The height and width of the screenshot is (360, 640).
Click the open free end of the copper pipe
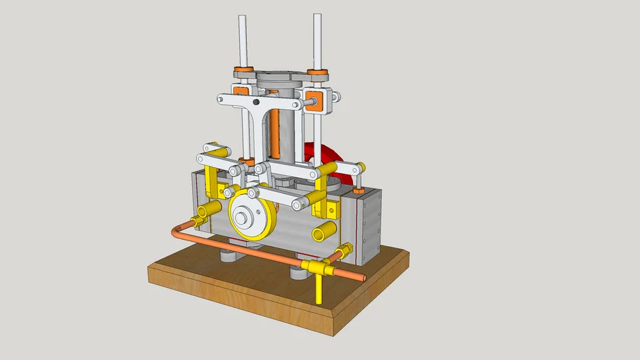pyautogui.click(x=364, y=278)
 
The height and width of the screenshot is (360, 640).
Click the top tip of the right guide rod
pyautogui.click(x=316, y=15)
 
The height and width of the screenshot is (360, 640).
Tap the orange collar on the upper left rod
pyautogui.click(x=244, y=70)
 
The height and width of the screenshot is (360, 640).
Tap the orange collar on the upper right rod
pyautogui.click(x=318, y=72)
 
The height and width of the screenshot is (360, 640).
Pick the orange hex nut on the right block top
pyautogui.click(x=357, y=189)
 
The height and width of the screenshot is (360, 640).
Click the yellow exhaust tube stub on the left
pyautogui.click(x=207, y=210)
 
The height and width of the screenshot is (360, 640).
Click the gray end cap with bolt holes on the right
pyautogui.click(x=370, y=225)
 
